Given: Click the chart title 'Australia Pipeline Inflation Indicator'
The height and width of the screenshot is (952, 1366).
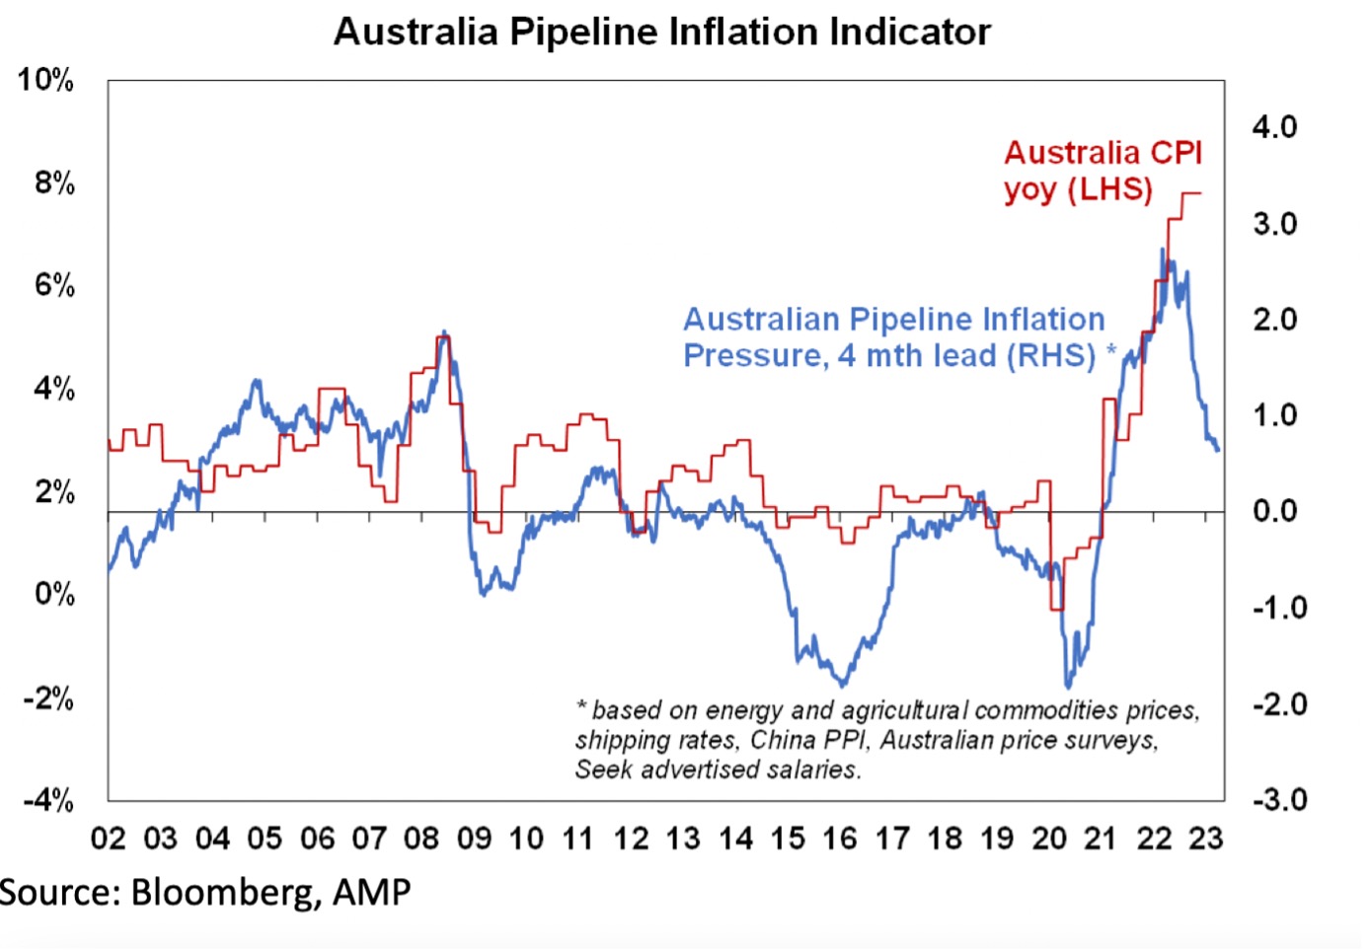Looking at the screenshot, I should [662, 32].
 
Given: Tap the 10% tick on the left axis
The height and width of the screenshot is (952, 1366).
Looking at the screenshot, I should [45, 80].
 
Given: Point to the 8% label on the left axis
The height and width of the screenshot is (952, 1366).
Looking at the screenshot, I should [54, 183].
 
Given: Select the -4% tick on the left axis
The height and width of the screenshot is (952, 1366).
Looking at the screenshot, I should [48, 799].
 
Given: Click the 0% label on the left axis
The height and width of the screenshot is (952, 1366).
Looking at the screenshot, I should [54, 594].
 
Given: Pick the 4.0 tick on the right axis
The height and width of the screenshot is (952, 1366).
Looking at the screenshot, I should [1274, 127].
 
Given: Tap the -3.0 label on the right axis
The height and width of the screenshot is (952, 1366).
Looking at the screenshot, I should [1279, 799].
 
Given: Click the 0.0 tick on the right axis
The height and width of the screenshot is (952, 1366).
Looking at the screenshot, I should [1274, 511].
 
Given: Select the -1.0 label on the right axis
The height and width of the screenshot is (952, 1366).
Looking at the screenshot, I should [1279, 607].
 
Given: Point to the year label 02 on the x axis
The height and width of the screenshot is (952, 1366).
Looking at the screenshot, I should [109, 839].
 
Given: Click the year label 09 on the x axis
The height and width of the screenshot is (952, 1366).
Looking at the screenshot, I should [474, 839].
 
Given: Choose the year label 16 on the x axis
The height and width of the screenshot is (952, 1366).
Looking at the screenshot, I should [840, 839].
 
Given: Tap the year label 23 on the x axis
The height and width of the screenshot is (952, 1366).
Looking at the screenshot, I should [1205, 839].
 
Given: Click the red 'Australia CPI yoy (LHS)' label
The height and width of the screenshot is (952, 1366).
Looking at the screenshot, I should [1102, 170].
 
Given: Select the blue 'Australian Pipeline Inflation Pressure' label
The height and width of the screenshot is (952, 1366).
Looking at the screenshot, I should [894, 336].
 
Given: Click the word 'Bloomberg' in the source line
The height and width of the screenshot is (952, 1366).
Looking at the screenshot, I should [225, 893].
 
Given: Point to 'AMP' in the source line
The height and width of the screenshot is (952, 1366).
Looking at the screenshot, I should [371, 893].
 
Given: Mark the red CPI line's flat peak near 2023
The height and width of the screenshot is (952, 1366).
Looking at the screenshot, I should [1190, 192].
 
